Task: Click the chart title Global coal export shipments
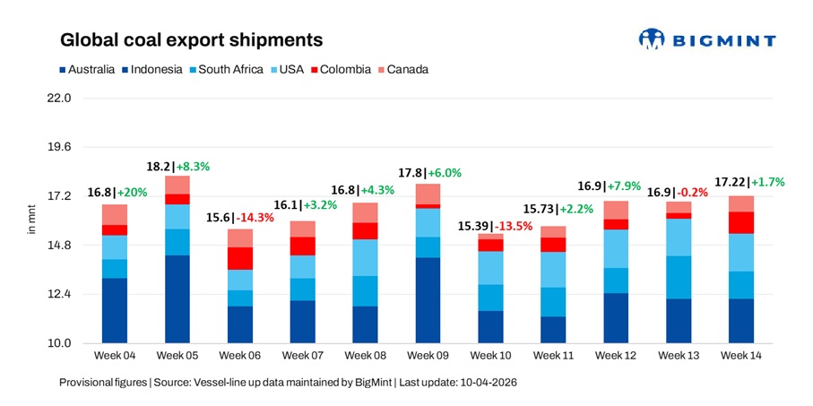click(x=191, y=40)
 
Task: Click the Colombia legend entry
click(x=340, y=69)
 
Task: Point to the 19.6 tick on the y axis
click(x=58, y=147)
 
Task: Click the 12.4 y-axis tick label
click(x=58, y=295)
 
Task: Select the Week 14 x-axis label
click(x=741, y=357)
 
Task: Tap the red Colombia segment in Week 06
click(x=239, y=258)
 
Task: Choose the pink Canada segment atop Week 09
click(x=428, y=194)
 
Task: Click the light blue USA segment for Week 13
click(x=679, y=238)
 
